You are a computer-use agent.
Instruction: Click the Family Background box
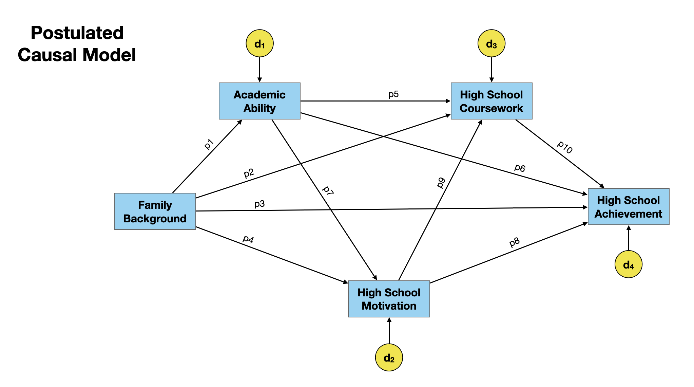pos(155,211)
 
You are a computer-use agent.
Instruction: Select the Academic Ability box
pos(259,101)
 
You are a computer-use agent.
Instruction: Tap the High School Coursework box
pos(491,101)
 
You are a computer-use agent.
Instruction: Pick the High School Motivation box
pos(389,299)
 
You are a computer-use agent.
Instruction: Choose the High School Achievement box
pos(629,207)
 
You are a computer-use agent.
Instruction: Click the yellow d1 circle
pos(259,43)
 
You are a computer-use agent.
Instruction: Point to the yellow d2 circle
pos(389,357)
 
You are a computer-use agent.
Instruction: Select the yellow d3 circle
pos(491,43)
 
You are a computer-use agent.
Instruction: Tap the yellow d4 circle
pos(629,264)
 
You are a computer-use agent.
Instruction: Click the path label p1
pos(209,144)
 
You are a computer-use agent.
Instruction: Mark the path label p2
pos(249,173)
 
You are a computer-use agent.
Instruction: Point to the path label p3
pos(259,204)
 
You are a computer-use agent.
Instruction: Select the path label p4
pos(248,239)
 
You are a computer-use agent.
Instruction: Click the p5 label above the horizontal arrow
pos(393,94)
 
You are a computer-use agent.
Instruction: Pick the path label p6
pos(520,168)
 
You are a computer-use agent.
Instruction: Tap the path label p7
pos(328,190)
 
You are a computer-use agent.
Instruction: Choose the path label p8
pos(515,242)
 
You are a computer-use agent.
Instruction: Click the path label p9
pos(441,183)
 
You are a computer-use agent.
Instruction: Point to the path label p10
pos(565,147)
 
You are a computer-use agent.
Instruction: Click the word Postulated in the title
pos(77,33)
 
